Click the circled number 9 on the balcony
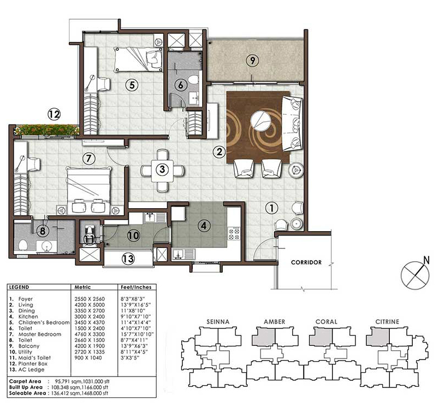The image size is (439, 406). pyautogui.click(x=253, y=60)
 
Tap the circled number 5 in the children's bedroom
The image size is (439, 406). pyautogui.click(x=132, y=84)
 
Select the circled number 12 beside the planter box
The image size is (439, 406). pyautogui.click(x=54, y=114)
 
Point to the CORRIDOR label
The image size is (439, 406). pyautogui.click(x=306, y=262)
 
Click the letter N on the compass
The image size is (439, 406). pyautogui.click(x=426, y=260)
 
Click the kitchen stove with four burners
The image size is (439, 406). pyautogui.click(x=234, y=234)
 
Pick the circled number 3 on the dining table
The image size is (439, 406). pyautogui.click(x=162, y=169)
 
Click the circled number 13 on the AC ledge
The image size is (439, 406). pyautogui.click(x=128, y=258)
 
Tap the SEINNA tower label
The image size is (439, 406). pyautogui.click(x=218, y=322)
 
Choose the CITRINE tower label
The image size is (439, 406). pyautogui.click(x=387, y=322)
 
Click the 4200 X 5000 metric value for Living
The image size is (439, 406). pyautogui.click(x=90, y=305)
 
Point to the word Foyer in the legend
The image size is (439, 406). pyautogui.click(x=26, y=299)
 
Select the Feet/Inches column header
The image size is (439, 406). pyautogui.click(x=136, y=287)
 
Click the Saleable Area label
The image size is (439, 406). pyautogui.click(x=27, y=393)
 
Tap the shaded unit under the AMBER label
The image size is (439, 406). pyautogui.click(x=263, y=337)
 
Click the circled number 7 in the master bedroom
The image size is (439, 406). pyautogui.click(x=89, y=158)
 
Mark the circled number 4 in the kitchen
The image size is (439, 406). pyautogui.click(x=204, y=226)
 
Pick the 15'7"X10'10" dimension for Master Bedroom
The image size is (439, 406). pyautogui.click(x=137, y=334)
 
